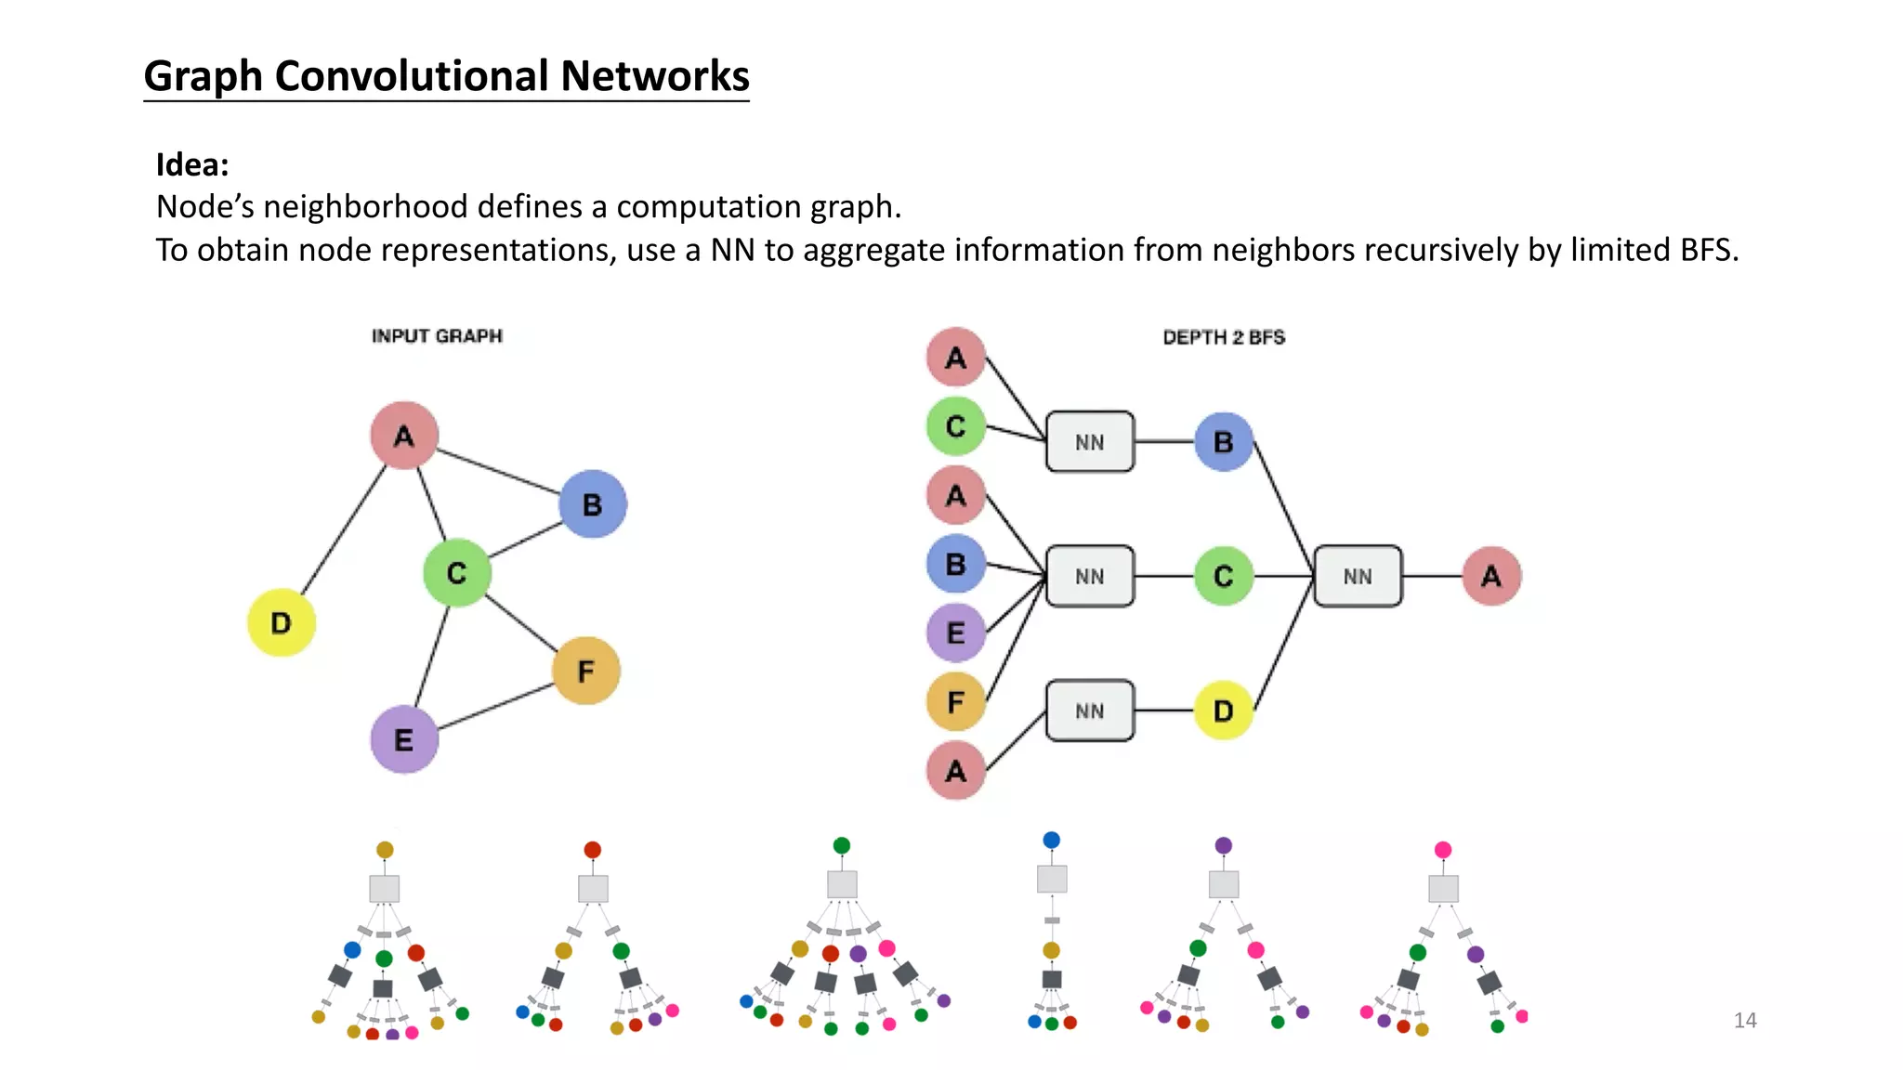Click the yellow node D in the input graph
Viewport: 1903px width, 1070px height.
pos(281,622)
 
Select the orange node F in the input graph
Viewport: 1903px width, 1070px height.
pos(585,671)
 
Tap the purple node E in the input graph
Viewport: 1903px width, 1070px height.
pos(403,739)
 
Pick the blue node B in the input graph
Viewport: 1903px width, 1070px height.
pos(592,504)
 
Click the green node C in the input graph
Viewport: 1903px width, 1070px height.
pos(456,573)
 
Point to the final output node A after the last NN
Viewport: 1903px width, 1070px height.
pos(1490,576)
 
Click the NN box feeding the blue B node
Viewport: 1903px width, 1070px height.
pos(1089,442)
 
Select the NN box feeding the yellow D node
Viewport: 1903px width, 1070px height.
pos(1089,711)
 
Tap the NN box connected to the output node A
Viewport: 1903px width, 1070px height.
pos(1357,576)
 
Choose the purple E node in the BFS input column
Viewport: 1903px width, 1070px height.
pos(955,633)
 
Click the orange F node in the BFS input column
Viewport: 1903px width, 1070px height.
pos(955,702)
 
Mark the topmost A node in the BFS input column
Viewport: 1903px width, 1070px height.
pos(955,358)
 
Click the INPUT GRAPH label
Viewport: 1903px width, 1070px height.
pos(437,336)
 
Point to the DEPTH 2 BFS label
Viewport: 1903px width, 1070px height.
pos(1223,337)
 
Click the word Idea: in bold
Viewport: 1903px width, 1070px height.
pos(192,164)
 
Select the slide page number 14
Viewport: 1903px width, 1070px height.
pos(1744,1020)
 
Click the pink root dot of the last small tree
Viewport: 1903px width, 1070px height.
pos(1442,850)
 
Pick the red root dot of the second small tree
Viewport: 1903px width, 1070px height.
pos(592,850)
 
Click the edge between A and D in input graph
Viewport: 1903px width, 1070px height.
pos(344,529)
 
